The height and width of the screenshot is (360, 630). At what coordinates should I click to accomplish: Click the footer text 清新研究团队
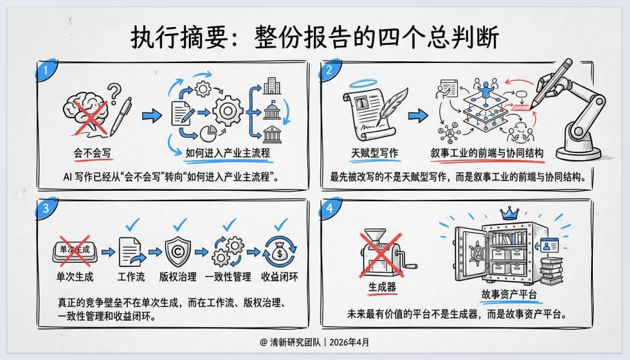click(x=295, y=343)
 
